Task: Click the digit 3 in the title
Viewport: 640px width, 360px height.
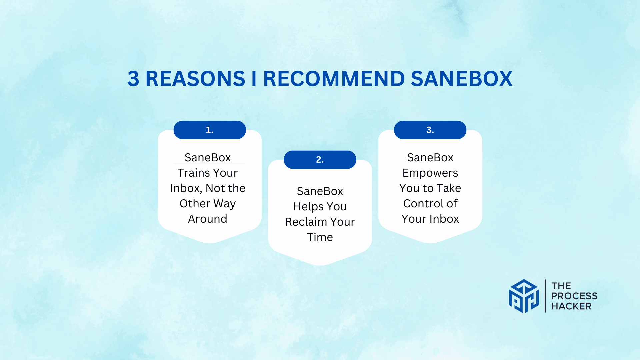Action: click(x=133, y=79)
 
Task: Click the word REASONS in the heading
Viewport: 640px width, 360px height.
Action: click(x=195, y=79)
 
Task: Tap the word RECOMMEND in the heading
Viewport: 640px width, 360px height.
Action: click(x=334, y=79)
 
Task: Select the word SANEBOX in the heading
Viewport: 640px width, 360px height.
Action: click(x=462, y=79)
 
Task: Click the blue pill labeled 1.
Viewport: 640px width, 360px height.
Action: click(x=210, y=130)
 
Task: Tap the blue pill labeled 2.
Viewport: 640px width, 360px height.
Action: click(x=320, y=160)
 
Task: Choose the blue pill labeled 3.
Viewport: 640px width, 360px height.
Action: click(x=430, y=130)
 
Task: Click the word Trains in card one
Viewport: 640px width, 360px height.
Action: click(x=193, y=173)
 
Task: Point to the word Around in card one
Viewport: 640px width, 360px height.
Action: click(x=208, y=219)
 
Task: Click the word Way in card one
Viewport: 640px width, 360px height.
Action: click(x=224, y=204)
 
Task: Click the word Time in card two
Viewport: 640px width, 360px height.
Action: click(x=320, y=237)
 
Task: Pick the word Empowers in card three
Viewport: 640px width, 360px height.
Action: click(x=430, y=173)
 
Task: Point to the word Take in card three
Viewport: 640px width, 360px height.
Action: click(x=449, y=188)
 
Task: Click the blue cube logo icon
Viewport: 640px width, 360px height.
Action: click(x=524, y=296)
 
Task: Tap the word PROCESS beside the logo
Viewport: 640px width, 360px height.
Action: click(x=574, y=296)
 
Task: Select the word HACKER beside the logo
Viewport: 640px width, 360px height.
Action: click(x=571, y=306)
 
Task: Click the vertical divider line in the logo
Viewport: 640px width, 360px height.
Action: click(x=545, y=296)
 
